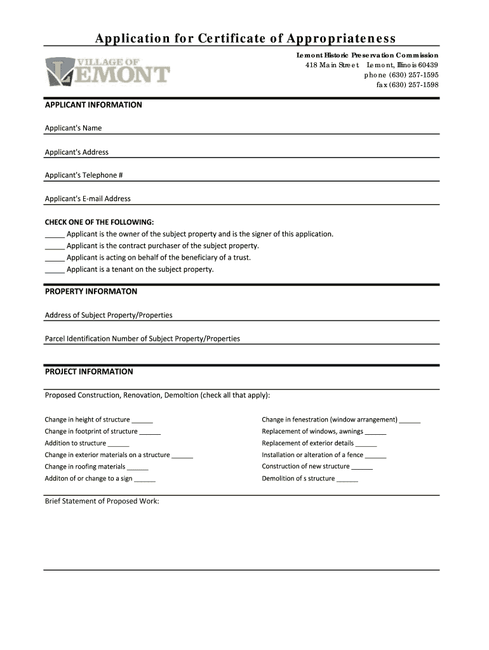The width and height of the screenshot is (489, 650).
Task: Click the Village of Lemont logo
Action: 107,72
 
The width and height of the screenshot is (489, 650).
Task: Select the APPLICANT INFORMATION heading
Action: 93,105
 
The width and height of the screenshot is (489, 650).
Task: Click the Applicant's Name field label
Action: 73,128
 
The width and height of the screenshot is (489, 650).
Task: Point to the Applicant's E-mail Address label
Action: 88,199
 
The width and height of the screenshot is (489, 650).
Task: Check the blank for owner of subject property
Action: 55,235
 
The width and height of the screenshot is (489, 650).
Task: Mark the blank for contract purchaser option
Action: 55,246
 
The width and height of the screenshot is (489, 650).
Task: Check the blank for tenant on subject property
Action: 55,270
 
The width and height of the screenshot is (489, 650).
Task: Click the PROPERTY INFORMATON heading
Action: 91,291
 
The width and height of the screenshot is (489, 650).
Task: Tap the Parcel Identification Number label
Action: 142,339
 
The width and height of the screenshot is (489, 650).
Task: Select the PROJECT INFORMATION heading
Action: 89,371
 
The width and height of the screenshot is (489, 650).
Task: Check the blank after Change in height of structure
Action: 142,421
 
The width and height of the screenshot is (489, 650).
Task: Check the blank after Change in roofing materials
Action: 137,468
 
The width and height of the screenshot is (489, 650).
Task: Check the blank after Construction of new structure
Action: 362,468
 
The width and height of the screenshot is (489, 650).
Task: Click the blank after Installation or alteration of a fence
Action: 376,456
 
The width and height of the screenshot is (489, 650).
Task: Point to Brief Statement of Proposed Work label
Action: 102,501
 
